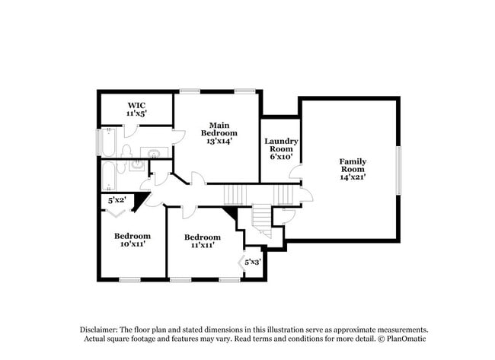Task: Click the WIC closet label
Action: coord(136,104)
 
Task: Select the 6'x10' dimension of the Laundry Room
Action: coord(280,157)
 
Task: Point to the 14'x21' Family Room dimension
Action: coord(353,177)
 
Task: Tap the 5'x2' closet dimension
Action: coord(117,201)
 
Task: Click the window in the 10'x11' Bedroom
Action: coord(129,280)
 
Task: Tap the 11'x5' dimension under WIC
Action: coord(136,113)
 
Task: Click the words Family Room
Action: coord(353,165)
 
